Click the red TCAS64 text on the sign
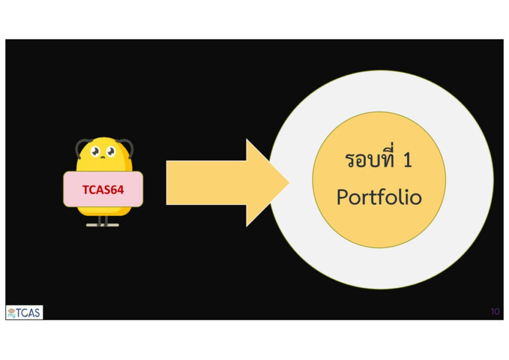coord(103,189)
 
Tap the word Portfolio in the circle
coord(379,197)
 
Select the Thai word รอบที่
coord(369,161)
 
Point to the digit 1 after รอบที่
coord(407,162)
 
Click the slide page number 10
coord(495,312)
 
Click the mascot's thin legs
coord(102,220)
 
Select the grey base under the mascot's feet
coord(102,225)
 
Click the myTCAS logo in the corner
coord(24,312)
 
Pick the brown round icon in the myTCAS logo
coord(11,310)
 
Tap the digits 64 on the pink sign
coord(117,189)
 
